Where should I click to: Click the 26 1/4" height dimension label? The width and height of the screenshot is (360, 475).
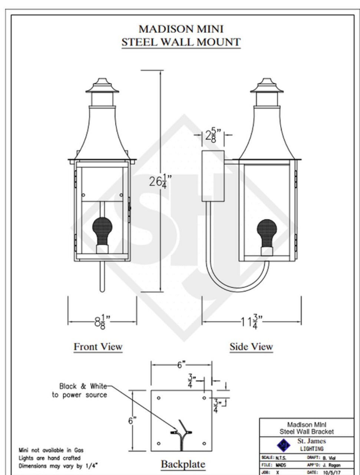tap(161, 181)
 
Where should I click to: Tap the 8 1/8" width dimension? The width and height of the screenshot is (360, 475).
tap(102, 322)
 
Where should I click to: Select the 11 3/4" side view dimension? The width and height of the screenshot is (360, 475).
tap(252, 322)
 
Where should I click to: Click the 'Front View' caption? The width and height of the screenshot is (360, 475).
tap(98, 347)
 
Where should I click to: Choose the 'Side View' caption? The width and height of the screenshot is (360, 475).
tap(251, 347)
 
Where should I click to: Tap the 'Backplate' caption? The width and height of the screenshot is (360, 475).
tap(183, 464)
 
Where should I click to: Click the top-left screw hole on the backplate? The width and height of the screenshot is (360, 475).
tap(158, 398)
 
